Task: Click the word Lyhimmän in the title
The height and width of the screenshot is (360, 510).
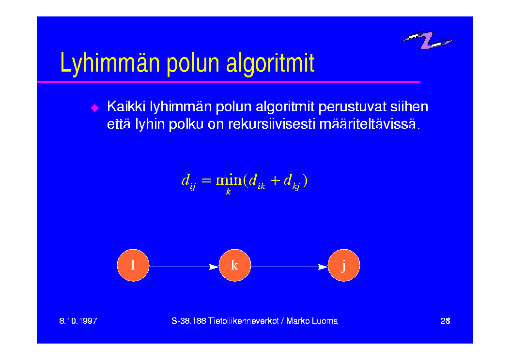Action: [x=110, y=63]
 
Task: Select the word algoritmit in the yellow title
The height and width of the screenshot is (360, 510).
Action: [x=270, y=63]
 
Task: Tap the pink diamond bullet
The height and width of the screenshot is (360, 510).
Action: [x=95, y=108]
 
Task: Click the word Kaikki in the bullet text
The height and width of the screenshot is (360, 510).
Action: [x=126, y=106]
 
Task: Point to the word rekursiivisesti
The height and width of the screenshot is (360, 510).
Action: [x=272, y=124]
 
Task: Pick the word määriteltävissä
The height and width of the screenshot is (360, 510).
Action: [x=370, y=124]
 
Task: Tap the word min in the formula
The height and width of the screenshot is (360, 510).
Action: [x=229, y=180]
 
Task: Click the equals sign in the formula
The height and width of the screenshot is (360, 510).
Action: [x=206, y=180]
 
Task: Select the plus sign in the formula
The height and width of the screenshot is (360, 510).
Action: [x=275, y=180]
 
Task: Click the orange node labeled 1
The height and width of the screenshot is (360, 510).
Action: [x=133, y=265]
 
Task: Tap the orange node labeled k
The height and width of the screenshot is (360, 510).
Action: [x=235, y=265]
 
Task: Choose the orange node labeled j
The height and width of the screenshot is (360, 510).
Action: [x=344, y=265]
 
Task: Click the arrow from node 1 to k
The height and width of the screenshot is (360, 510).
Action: [x=184, y=267]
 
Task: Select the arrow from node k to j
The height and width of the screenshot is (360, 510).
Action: [x=290, y=267]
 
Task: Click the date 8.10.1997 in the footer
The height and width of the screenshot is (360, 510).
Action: [x=78, y=321]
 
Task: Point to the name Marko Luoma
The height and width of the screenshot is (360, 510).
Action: [x=312, y=321]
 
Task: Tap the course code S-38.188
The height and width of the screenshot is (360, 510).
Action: [x=189, y=321]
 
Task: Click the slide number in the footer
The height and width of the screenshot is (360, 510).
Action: [x=446, y=321]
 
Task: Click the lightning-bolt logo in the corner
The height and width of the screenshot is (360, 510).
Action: [x=428, y=40]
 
